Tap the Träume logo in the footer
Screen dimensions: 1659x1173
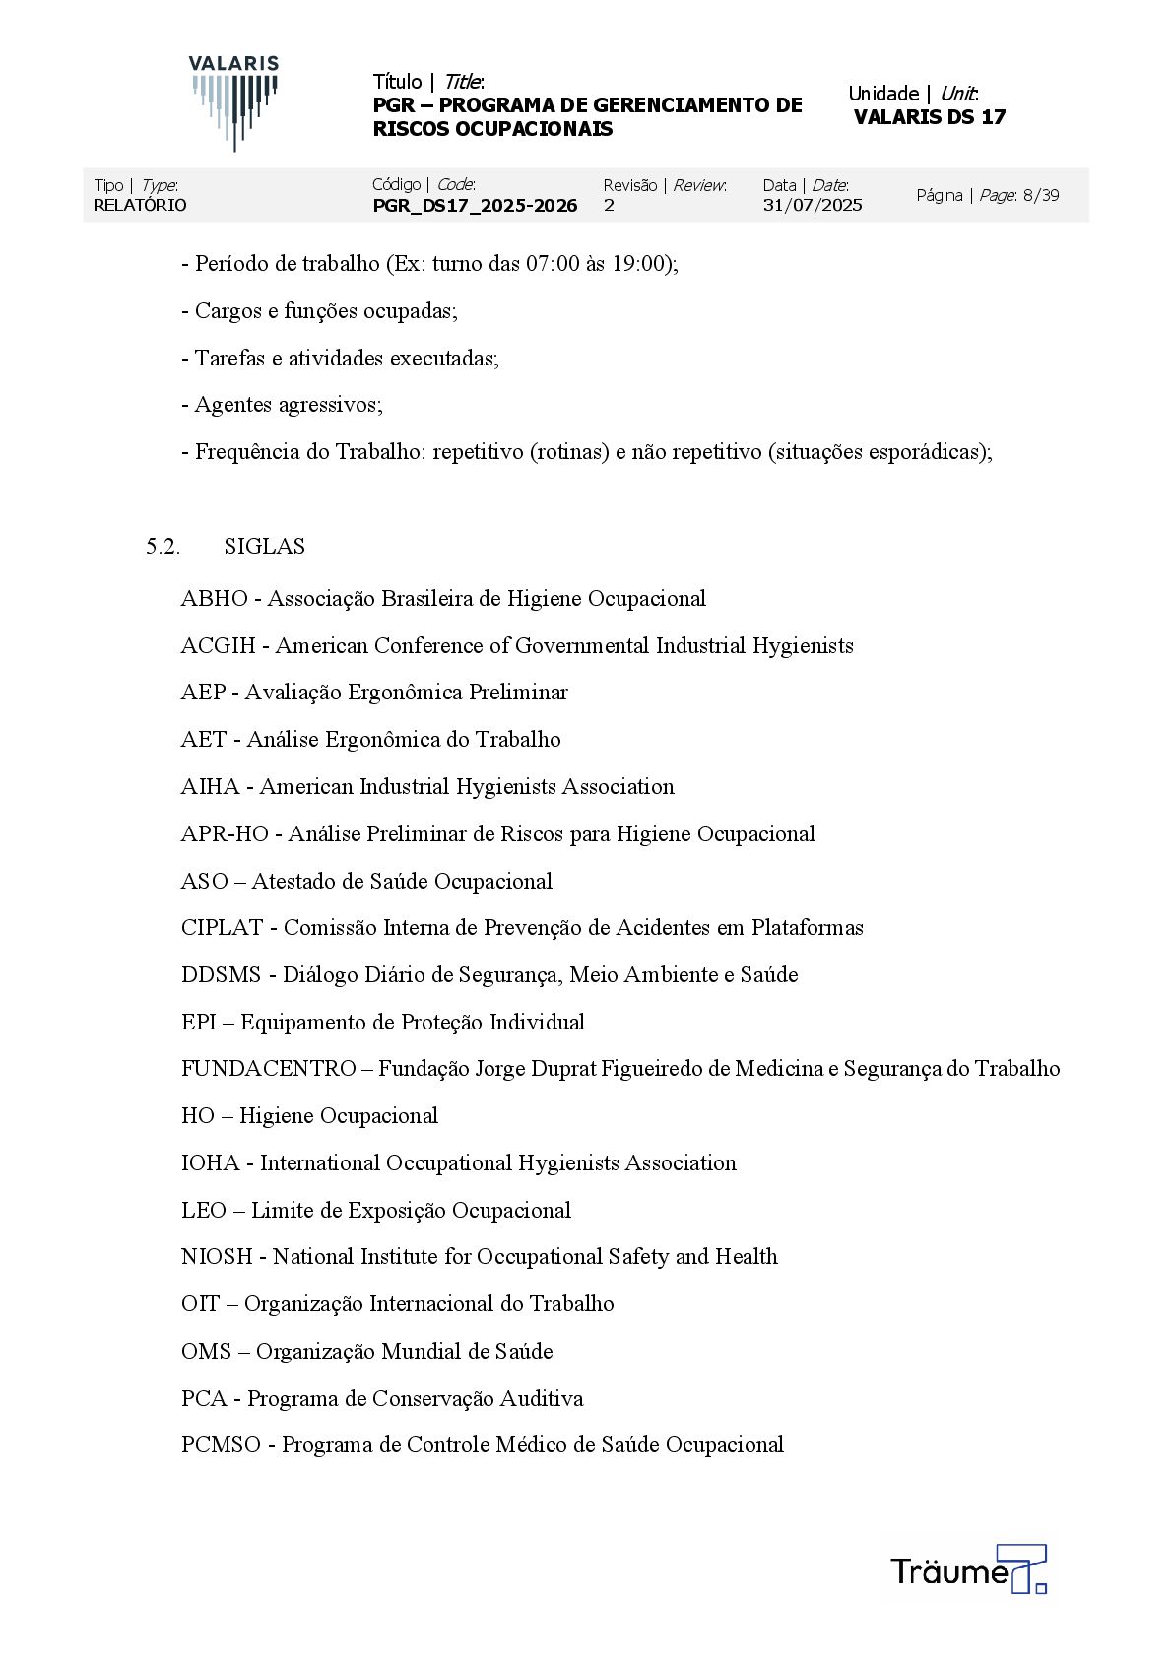pyautogui.click(x=967, y=1569)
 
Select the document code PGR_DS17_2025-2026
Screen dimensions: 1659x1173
pyautogui.click(x=475, y=205)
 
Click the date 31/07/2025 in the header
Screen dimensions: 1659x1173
pyautogui.click(x=813, y=205)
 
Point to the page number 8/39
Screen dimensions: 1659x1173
pyautogui.click(x=1041, y=195)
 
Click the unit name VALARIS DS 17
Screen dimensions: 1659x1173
pyautogui.click(x=930, y=117)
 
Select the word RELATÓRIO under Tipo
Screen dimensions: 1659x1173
pyautogui.click(x=140, y=205)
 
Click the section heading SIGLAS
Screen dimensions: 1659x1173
pyautogui.click(x=264, y=547)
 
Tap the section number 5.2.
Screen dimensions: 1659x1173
pyautogui.click(x=163, y=547)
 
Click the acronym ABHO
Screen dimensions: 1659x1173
pyautogui.click(x=214, y=599)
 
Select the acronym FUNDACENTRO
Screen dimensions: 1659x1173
pyautogui.click(x=268, y=1069)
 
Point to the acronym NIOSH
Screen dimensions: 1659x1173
pyautogui.click(x=217, y=1257)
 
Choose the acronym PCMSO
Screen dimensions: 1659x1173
pyautogui.click(x=221, y=1445)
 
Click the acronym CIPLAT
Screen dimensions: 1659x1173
pyautogui.click(x=222, y=928)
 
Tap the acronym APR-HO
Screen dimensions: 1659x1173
pyautogui.click(x=225, y=834)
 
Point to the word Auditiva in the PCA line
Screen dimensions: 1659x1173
pyautogui.click(x=542, y=1399)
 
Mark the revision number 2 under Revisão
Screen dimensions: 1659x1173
pyautogui.click(x=609, y=205)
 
